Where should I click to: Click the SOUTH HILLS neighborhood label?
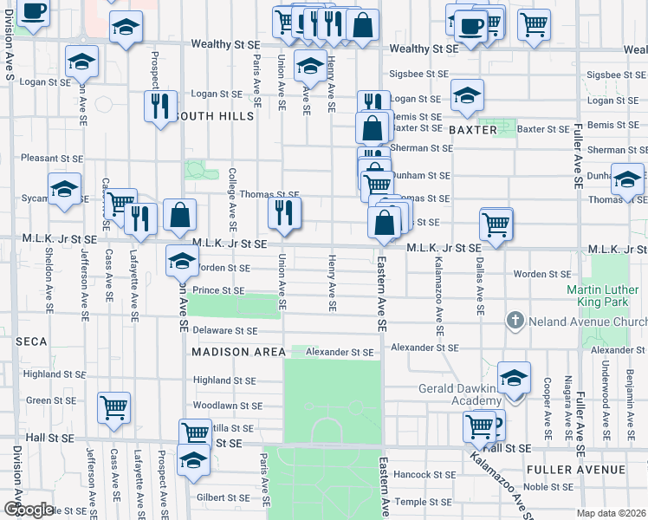tap(214, 116)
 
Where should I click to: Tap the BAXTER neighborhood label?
tap(473, 130)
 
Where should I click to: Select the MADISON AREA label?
tap(238, 352)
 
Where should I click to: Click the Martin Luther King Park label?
tap(607, 297)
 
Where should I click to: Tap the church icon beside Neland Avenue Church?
tap(515, 322)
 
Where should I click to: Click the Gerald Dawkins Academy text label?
tap(460, 394)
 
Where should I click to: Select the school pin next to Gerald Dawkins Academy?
tap(514, 378)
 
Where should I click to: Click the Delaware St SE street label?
tap(225, 331)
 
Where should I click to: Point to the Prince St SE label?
tap(218, 290)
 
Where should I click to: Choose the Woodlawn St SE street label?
tap(228, 405)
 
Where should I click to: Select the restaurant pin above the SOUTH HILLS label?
tap(160, 107)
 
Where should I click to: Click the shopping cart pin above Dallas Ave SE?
tap(496, 224)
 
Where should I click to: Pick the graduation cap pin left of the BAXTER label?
tap(467, 95)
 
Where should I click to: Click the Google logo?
tap(28, 510)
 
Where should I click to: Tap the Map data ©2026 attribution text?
tap(611, 513)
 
